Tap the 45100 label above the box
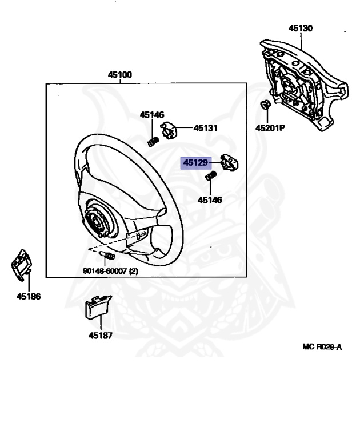pos(121,75)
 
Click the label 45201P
pos(270,128)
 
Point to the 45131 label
pos(205,129)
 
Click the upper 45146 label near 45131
pos(152,115)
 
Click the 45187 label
pos(100,336)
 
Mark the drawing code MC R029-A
pos(322,347)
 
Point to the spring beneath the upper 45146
pos(153,140)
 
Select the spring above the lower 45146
pos(210,177)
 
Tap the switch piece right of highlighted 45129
pos(229,165)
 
